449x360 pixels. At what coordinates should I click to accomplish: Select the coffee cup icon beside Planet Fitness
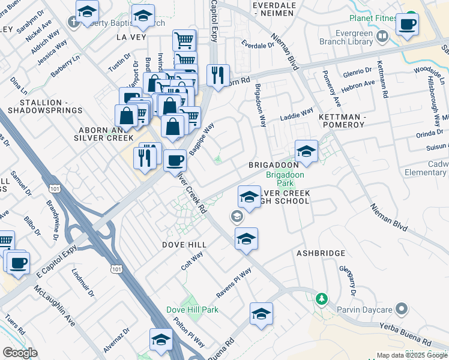[407, 25]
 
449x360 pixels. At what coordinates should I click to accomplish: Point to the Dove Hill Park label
[192, 310]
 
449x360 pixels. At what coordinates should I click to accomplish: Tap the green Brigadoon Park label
[285, 179]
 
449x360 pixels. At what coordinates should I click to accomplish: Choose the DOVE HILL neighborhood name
[184, 245]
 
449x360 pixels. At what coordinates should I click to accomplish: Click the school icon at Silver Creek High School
[249, 196]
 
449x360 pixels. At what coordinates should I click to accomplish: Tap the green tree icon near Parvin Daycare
[322, 298]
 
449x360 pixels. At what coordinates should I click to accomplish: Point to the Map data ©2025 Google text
[412, 355]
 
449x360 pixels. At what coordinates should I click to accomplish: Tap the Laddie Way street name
[298, 112]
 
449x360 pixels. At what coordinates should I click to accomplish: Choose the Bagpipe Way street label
[202, 140]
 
